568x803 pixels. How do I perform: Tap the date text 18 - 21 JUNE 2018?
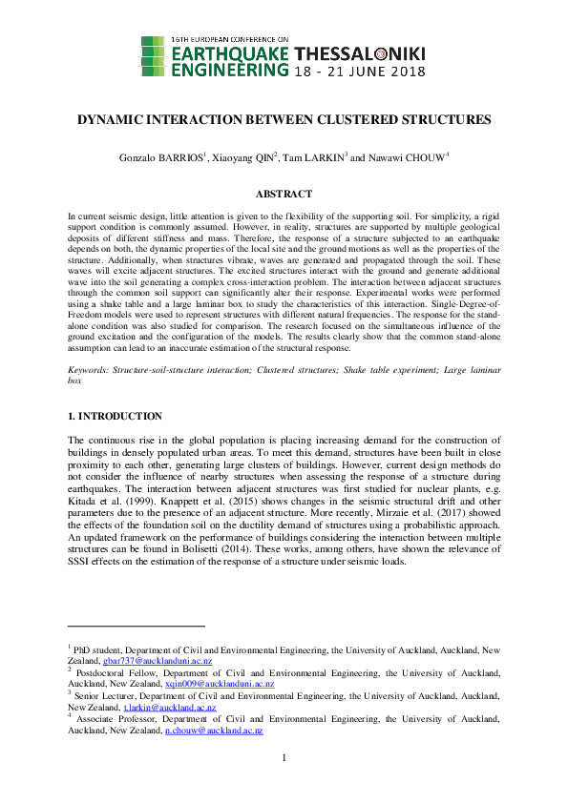pos(360,72)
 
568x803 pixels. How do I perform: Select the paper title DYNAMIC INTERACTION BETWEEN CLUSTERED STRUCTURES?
pos(284,120)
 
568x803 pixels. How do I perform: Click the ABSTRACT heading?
pos(284,194)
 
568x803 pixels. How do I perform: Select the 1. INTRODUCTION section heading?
pos(115,417)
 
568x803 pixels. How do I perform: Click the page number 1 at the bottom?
pos(284,758)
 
